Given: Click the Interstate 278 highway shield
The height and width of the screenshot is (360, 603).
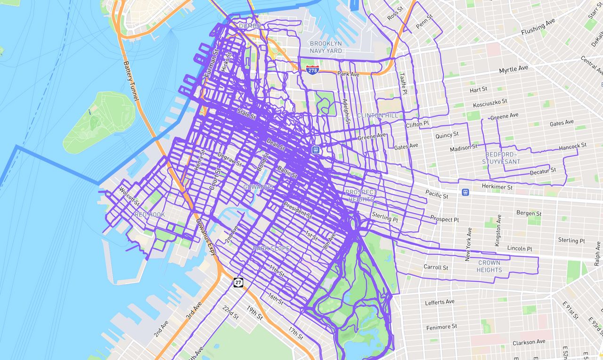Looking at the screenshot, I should [x=312, y=70].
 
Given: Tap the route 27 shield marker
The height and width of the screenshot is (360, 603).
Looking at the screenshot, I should [x=238, y=282].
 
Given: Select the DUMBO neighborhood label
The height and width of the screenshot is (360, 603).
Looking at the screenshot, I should [x=250, y=26].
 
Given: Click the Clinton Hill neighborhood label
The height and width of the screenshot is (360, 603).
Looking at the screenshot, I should [x=377, y=115].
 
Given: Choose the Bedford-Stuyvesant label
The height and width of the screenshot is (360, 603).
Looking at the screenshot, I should [x=501, y=158].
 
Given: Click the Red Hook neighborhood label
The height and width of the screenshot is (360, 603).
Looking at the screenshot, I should [x=150, y=214].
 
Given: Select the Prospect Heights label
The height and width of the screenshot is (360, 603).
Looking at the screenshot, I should [x=361, y=196].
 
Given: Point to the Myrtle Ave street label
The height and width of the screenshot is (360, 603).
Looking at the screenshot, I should [x=513, y=69].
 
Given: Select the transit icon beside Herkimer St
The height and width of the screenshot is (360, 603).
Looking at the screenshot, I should [x=465, y=192].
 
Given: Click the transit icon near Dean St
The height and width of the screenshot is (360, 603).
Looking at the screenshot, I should [x=316, y=150].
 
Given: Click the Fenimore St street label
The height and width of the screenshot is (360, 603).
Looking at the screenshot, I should [x=441, y=326].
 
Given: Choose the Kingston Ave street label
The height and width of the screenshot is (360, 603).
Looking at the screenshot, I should [x=498, y=230].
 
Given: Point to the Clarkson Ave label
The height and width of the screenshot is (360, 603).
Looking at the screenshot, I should [x=529, y=342].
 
